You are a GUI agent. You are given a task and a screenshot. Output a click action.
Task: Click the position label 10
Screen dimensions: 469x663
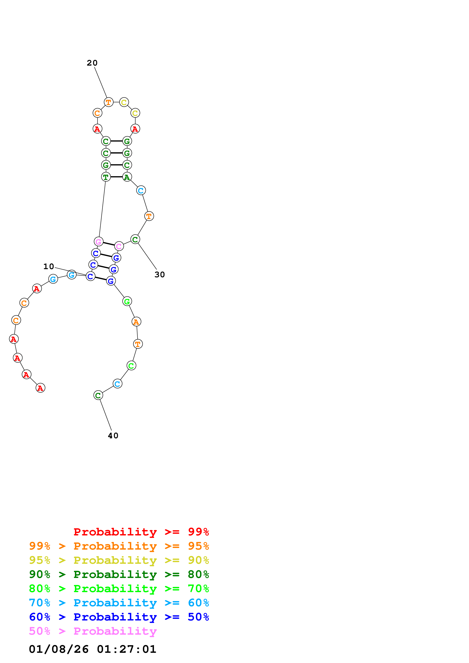(49, 266)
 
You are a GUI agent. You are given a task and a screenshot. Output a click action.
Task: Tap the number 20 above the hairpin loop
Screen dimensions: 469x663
(92, 63)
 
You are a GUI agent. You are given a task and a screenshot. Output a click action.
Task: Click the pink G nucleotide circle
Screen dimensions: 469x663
(99, 241)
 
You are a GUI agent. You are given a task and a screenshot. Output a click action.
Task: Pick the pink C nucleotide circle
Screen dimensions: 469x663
(119, 246)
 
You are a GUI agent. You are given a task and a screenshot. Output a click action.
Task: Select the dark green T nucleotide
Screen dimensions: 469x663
(106, 177)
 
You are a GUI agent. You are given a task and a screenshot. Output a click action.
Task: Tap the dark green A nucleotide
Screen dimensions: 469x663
(127, 177)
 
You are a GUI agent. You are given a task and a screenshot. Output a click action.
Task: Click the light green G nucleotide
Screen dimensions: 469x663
(127, 301)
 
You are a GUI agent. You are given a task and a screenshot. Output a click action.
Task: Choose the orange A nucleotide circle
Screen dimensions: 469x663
(136, 321)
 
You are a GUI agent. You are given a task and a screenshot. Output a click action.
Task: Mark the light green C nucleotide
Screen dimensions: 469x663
(131, 366)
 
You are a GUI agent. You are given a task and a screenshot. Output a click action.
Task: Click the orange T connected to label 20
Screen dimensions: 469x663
(108, 102)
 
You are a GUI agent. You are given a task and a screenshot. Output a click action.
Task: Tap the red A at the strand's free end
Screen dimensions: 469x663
(40, 388)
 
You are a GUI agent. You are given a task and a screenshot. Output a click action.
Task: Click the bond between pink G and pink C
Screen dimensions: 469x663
(109, 244)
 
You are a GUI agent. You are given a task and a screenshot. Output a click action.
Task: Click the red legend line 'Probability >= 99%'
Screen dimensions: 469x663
(141, 532)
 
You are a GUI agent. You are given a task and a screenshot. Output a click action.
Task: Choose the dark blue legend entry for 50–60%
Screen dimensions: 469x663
(119, 617)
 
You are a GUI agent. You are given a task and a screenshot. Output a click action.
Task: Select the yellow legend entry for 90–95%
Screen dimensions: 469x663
(119, 560)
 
